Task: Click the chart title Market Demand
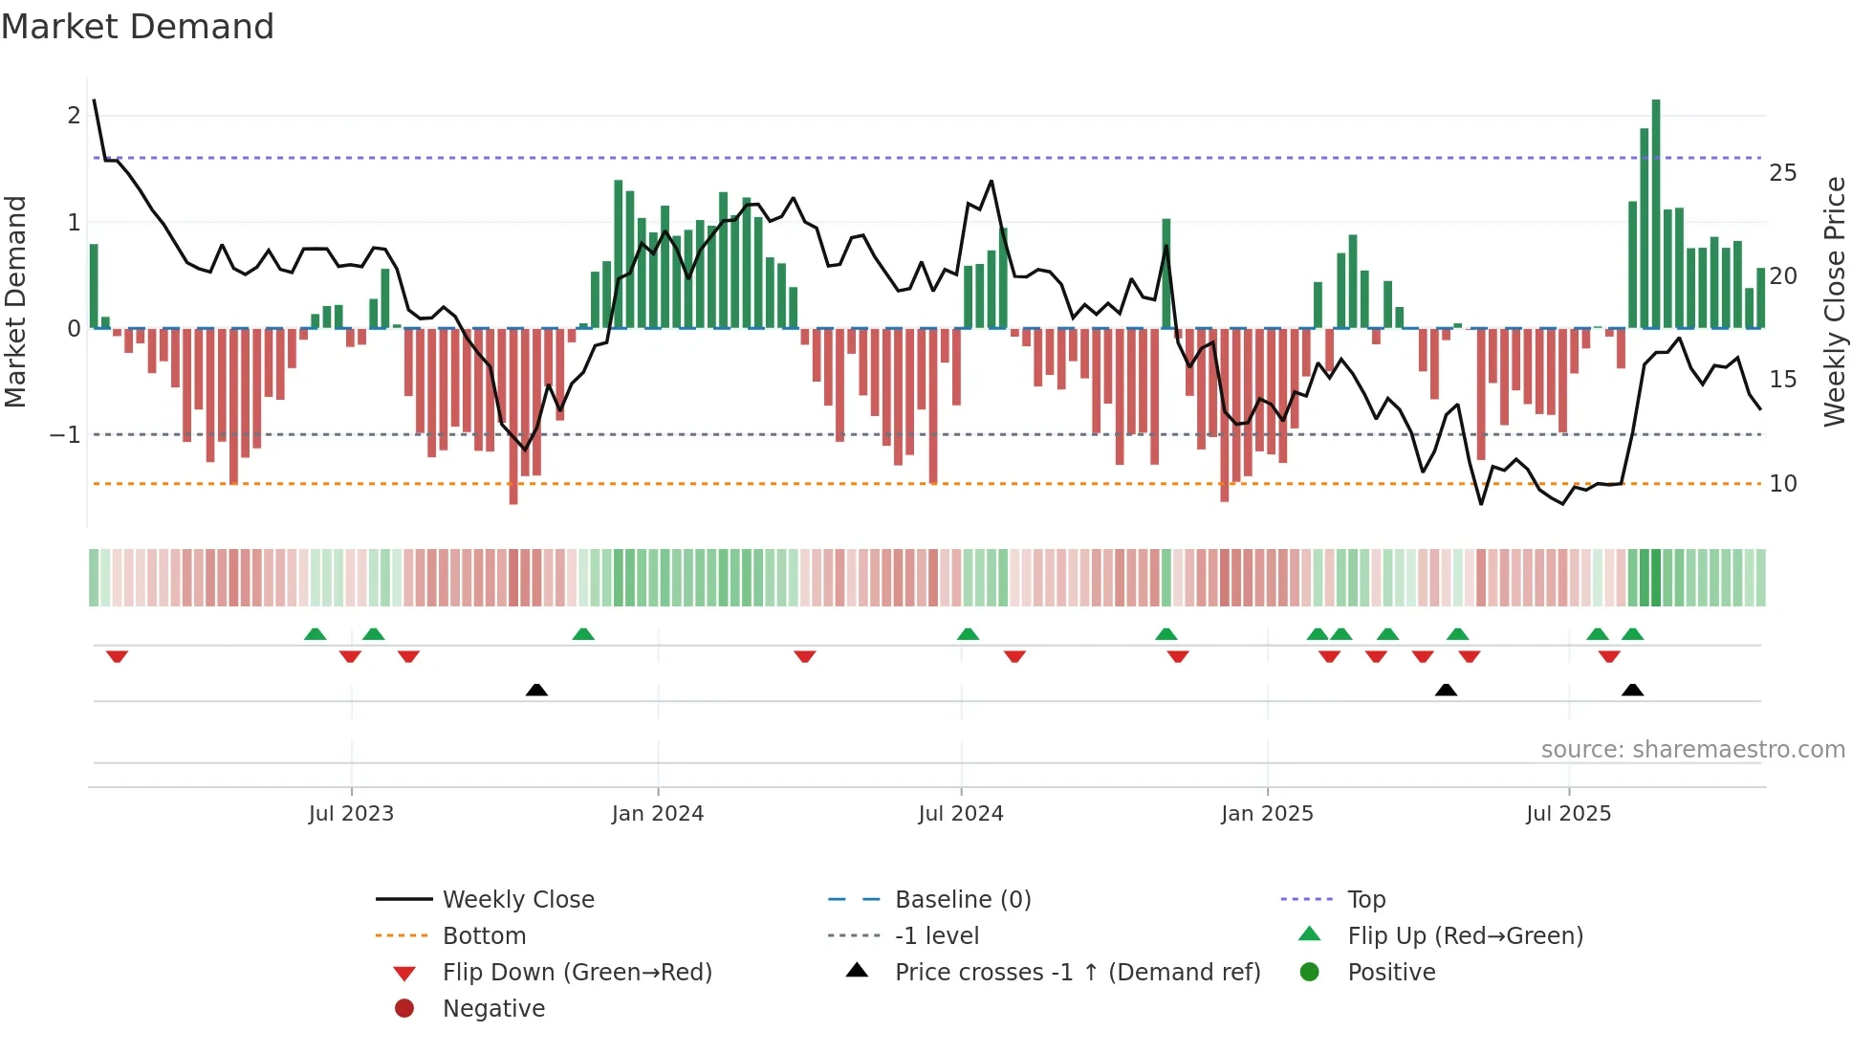[x=138, y=27]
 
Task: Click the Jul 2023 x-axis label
[x=351, y=814]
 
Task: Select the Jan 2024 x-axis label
[x=658, y=814]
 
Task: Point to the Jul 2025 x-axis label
[x=1568, y=814]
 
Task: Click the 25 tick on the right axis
[x=1782, y=173]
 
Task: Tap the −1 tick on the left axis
[x=66, y=435]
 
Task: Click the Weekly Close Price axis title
[x=1834, y=301]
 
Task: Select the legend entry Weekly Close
[x=517, y=900]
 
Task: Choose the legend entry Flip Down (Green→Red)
[x=577, y=973]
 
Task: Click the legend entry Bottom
[x=484, y=936]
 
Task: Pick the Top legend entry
[x=1365, y=900]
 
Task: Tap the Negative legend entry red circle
[x=404, y=1009]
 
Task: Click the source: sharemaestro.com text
[x=1692, y=750]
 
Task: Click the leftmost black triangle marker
[x=536, y=691]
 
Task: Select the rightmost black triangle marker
[x=1632, y=691]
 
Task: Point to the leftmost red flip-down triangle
[x=117, y=656]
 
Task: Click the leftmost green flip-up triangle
[x=315, y=634]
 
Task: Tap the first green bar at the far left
[x=94, y=287]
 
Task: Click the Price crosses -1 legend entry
[x=1077, y=973]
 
